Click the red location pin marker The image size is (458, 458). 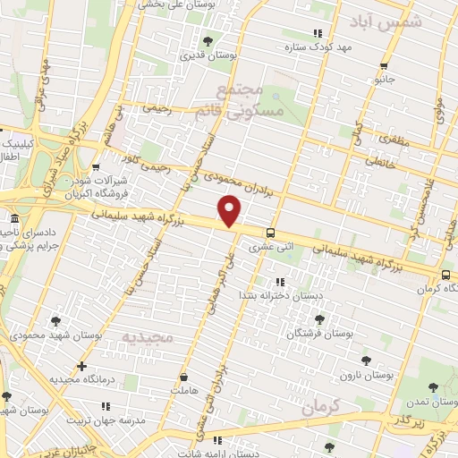point(231,213)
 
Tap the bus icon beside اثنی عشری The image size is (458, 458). point(269,232)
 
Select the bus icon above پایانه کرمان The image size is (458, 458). point(445,275)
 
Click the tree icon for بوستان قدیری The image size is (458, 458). point(208,41)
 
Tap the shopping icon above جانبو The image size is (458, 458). point(384,65)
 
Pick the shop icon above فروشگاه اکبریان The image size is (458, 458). point(95,166)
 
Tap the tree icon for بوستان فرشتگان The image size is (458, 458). point(318,318)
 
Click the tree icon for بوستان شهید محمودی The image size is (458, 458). point(55,320)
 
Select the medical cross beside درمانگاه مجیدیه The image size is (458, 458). point(81,365)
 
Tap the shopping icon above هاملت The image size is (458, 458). point(185,377)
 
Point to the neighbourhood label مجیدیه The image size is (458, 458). point(145,337)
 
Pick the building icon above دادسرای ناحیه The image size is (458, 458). point(13,219)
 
